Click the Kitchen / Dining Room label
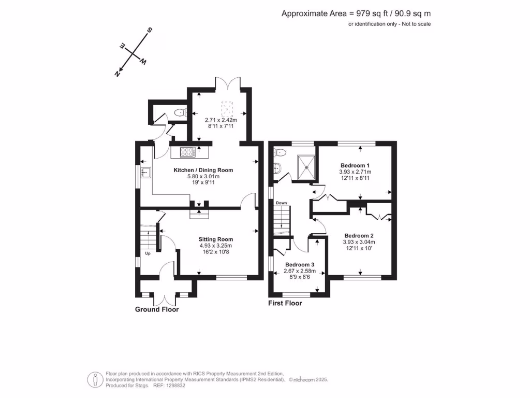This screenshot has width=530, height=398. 203,170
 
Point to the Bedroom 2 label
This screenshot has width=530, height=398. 359,235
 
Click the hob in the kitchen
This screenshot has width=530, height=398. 187,152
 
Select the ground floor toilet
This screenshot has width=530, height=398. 180,112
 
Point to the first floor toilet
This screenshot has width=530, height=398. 280,152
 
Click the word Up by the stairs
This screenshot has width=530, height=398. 148,253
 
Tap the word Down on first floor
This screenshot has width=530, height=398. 281,203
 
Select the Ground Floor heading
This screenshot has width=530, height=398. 157,309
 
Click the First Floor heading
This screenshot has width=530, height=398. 285,303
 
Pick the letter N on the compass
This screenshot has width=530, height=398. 117,74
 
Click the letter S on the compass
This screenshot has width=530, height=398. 150,31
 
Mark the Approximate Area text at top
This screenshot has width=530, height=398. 356,14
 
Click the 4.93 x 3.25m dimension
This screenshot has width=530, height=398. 216,246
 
